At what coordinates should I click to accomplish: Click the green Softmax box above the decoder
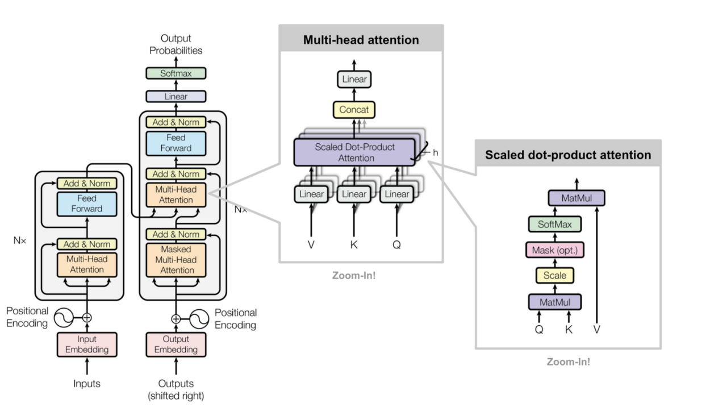(x=176, y=73)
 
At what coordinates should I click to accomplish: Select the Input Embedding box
(x=87, y=344)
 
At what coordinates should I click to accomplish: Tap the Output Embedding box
(x=176, y=344)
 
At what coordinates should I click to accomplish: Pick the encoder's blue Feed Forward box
(x=87, y=204)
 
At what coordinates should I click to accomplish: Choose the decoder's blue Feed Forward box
(x=176, y=143)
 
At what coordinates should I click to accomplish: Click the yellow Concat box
(x=354, y=110)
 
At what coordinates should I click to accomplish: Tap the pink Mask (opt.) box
(x=555, y=250)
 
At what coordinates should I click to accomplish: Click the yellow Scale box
(x=555, y=276)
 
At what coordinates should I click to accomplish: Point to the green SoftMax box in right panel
(x=555, y=225)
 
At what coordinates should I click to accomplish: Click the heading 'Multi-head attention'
(x=361, y=40)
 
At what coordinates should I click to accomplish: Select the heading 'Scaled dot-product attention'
(x=568, y=155)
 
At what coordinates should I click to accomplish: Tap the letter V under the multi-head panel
(x=311, y=244)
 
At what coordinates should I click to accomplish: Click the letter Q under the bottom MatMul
(x=539, y=329)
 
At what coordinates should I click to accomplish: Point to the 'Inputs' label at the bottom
(x=87, y=384)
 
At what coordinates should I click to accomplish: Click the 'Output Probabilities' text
(x=176, y=44)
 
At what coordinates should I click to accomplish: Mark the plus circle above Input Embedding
(x=87, y=318)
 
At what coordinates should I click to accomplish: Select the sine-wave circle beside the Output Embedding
(x=200, y=319)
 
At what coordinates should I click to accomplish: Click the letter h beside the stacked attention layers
(x=435, y=153)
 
